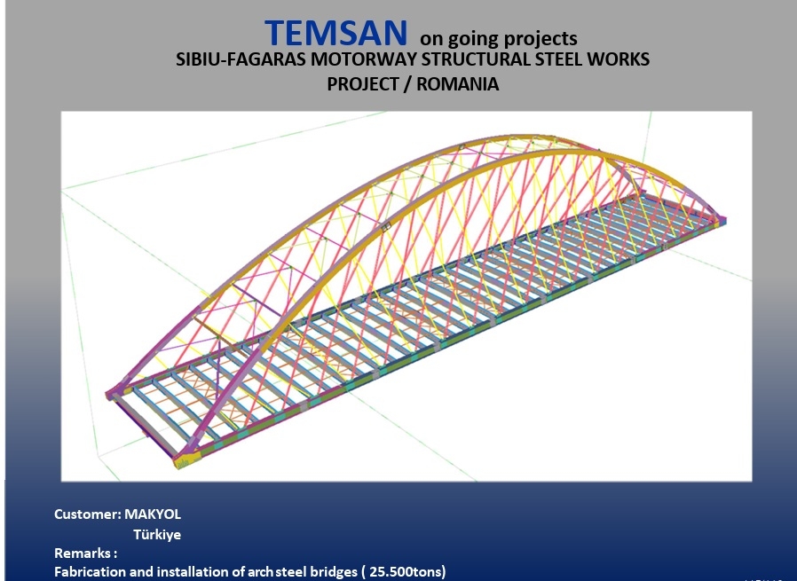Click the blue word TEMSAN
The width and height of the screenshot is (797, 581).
coord(336,33)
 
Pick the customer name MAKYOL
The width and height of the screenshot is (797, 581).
coord(153,514)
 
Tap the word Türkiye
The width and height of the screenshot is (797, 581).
coord(157,534)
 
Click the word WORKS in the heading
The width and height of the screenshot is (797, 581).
coord(617,59)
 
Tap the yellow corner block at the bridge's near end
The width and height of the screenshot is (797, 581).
coord(187,459)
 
